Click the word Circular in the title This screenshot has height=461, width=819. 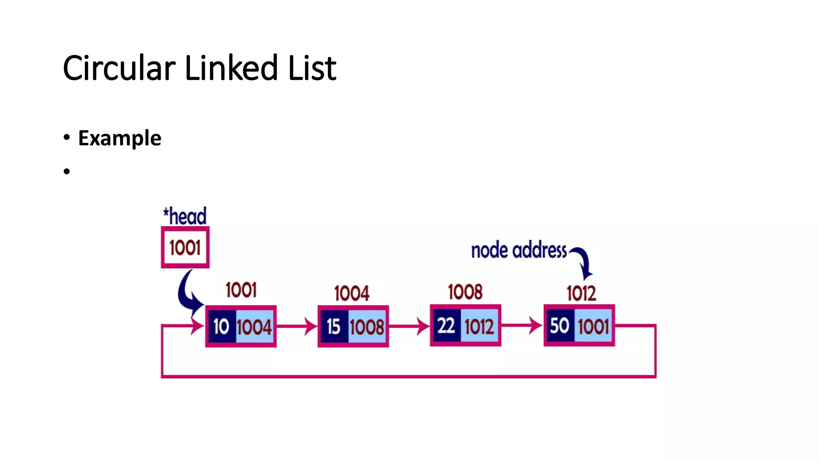(x=119, y=68)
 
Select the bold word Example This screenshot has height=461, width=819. (x=120, y=138)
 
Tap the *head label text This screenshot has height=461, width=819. (x=185, y=216)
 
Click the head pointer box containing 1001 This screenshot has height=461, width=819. (x=185, y=247)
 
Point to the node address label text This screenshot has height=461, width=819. (x=519, y=251)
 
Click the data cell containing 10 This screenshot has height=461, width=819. (x=221, y=326)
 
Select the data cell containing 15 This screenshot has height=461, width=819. (x=334, y=326)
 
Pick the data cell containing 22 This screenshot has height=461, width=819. (x=446, y=325)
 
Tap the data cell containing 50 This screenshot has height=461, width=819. (x=559, y=325)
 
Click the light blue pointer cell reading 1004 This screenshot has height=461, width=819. (x=254, y=327)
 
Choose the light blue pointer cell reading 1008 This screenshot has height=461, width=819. (x=367, y=327)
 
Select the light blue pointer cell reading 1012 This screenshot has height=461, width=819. (x=479, y=326)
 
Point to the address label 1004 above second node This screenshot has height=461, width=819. (x=352, y=293)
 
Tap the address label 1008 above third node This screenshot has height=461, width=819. (x=465, y=292)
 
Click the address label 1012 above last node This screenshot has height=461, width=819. (x=581, y=293)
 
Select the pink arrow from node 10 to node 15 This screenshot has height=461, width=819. (x=296, y=326)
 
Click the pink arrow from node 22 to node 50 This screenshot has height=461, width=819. (x=521, y=325)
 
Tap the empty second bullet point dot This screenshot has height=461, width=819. (x=67, y=172)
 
